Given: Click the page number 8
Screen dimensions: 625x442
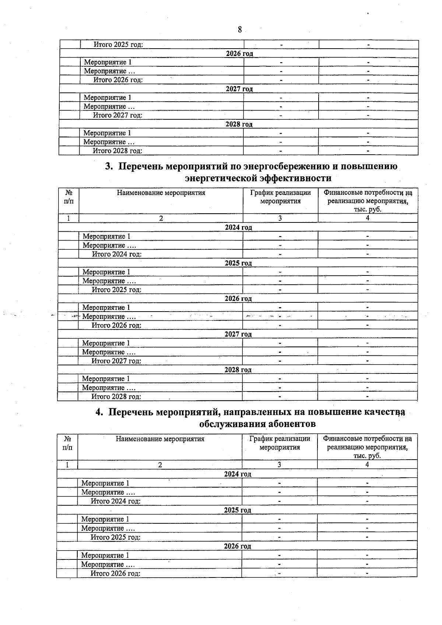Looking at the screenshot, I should click(x=240, y=30).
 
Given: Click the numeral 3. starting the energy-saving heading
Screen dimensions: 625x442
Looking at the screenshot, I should click(x=109, y=166).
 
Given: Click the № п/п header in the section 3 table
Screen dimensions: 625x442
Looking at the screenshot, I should click(x=69, y=197).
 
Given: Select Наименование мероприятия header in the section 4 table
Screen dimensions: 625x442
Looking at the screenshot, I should click(x=160, y=439).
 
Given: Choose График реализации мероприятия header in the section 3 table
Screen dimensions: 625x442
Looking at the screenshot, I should click(x=280, y=197).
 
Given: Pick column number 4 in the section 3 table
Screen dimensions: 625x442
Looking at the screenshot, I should click(x=367, y=218).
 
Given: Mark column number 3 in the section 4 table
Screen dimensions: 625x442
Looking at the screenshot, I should click(x=279, y=465).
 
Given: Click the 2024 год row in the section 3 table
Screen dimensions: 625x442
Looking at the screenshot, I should click(x=238, y=228).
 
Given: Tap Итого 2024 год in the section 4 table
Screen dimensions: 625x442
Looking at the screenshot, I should click(x=116, y=501).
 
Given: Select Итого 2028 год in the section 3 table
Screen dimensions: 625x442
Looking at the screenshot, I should click(x=116, y=397).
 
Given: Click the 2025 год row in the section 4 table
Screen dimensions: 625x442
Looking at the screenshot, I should click(x=238, y=510).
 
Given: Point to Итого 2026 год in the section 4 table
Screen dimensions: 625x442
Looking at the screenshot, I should click(x=116, y=573).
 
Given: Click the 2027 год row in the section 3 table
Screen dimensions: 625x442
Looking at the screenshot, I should click(x=238, y=334).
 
